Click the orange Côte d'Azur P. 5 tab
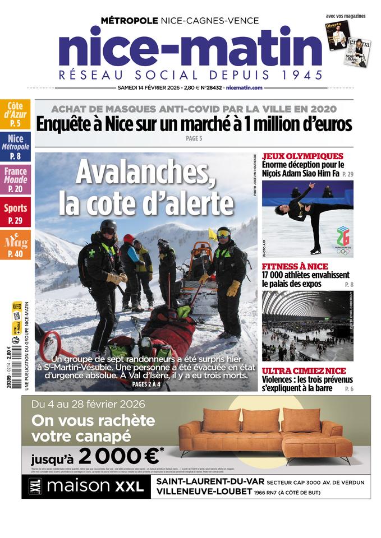click(15, 114)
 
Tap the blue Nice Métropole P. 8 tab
click(15, 147)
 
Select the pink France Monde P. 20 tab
click(15, 180)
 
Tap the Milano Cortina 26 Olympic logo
click(342, 239)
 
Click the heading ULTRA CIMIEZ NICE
click(304, 371)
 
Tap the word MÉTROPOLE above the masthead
click(129, 21)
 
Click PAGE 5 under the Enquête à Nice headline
click(193, 138)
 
